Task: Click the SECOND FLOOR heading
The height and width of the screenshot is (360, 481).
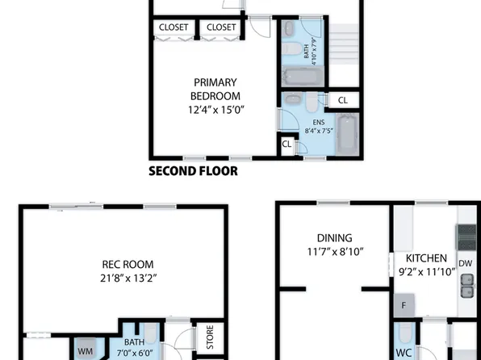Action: pyautogui.click(x=193, y=171)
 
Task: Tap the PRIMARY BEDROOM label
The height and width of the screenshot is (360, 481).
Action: pyautogui.click(x=215, y=89)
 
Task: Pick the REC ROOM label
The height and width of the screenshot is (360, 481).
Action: pyautogui.click(x=128, y=264)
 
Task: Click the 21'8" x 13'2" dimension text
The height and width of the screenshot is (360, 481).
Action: pyautogui.click(x=128, y=278)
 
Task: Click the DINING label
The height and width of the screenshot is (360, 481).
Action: pyautogui.click(x=334, y=237)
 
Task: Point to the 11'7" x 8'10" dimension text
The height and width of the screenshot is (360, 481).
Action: pyautogui.click(x=334, y=252)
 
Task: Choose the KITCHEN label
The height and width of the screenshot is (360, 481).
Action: pyautogui.click(x=426, y=257)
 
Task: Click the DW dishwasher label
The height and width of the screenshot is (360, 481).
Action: pyautogui.click(x=466, y=263)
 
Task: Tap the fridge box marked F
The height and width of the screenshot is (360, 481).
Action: pyautogui.click(x=404, y=305)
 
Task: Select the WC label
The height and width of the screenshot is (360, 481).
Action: pyautogui.click(x=404, y=353)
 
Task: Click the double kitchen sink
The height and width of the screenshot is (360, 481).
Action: pyautogui.click(x=466, y=285)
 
